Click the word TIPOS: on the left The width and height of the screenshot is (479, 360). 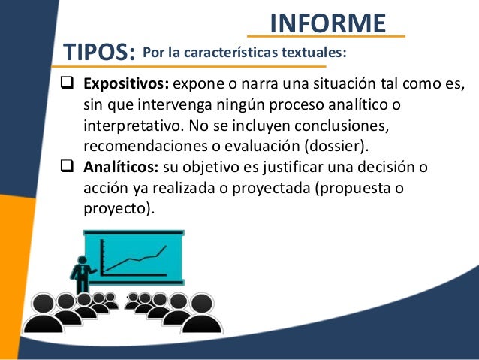[99, 53]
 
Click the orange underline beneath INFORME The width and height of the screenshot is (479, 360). [327, 37]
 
